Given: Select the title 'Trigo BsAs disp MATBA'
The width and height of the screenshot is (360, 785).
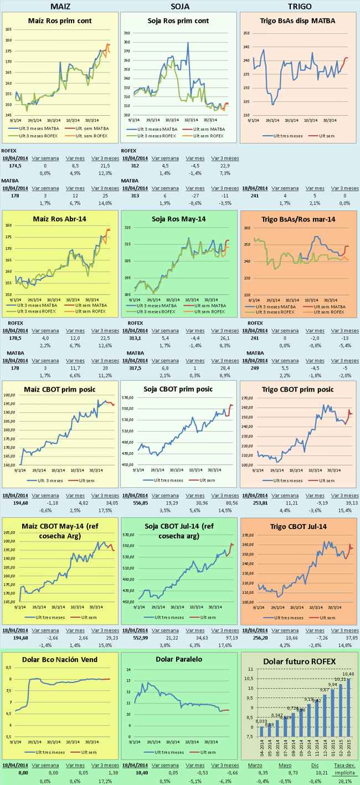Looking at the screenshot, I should pyautogui.click(x=297, y=21).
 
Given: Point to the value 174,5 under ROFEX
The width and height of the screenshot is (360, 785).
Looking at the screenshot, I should pyautogui.click(x=15, y=165).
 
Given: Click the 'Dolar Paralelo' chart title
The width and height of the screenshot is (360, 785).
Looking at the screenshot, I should pyautogui.click(x=178, y=659).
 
